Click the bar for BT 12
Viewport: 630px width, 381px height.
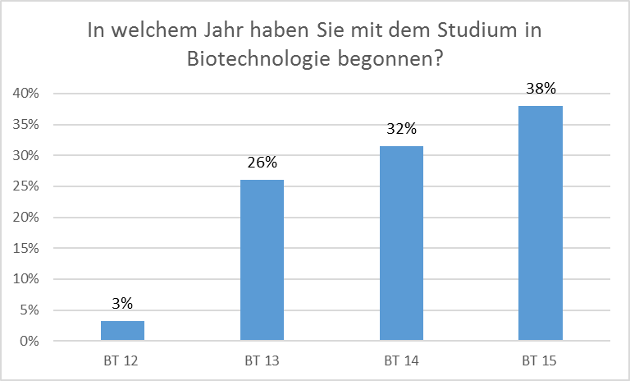[122, 331]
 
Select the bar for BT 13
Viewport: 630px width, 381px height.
[262, 260]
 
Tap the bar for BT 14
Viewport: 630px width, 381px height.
[401, 243]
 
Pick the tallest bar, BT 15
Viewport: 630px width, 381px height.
[541, 223]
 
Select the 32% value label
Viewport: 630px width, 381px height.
[401, 129]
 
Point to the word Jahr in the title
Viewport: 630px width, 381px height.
[226, 31]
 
